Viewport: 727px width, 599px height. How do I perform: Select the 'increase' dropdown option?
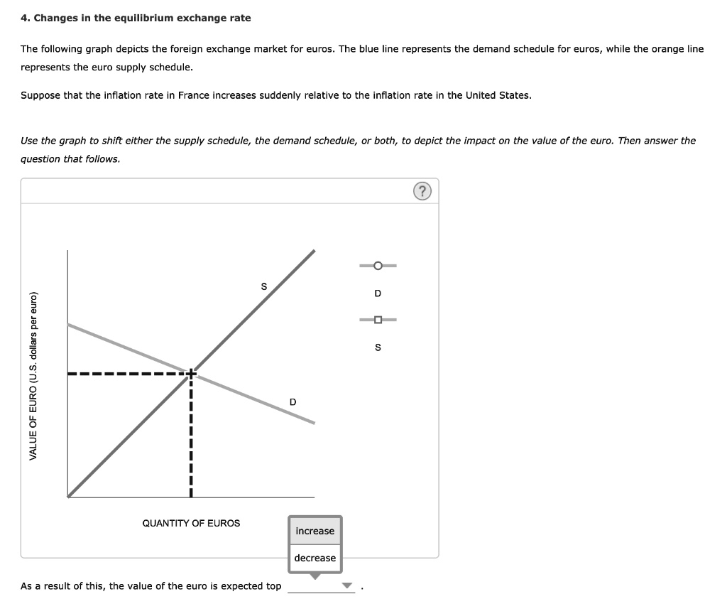coord(315,531)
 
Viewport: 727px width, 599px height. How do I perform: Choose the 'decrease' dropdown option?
coord(315,558)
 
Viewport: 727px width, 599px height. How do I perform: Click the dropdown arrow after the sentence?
coord(347,585)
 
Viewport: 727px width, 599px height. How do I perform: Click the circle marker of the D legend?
coord(378,266)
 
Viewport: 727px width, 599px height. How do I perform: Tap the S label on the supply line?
coord(263,287)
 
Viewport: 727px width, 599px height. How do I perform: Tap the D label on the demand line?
coord(293,403)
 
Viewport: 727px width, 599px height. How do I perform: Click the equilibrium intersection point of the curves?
coord(191,372)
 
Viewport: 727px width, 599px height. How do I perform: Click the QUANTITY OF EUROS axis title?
coord(191,523)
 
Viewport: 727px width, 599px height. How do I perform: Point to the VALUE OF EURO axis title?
coord(33,375)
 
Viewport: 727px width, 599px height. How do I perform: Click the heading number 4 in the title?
coord(24,18)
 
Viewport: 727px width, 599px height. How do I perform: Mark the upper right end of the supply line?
coord(315,250)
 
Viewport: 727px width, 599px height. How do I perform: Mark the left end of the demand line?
coord(68,324)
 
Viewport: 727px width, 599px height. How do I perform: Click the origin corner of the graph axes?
coord(68,497)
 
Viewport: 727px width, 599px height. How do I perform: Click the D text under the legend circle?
coord(378,293)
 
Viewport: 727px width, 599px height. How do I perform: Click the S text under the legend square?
coord(378,347)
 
